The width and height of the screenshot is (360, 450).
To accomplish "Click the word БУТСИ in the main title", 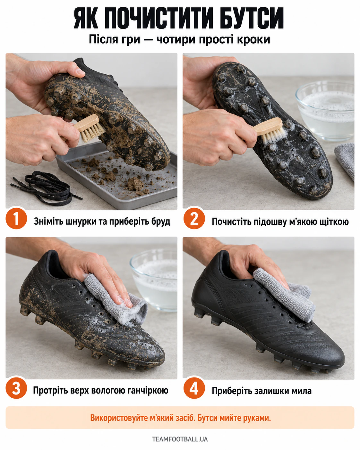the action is click(x=252, y=18).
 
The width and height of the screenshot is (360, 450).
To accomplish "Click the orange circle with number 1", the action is click(x=16, y=218).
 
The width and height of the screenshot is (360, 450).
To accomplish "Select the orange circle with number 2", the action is click(x=194, y=218).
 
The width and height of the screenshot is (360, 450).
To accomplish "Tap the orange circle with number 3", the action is click(x=16, y=388).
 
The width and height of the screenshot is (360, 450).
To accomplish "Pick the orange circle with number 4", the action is click(x=194, y=388).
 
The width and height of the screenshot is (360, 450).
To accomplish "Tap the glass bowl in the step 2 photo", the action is click(x=325, y=111).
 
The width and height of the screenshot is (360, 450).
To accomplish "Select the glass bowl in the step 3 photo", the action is click(x=154, y=280).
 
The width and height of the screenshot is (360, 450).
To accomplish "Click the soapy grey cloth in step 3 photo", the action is click(x=116, y=299).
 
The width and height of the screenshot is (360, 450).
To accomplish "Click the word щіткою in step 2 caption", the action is click(x=334, y=222).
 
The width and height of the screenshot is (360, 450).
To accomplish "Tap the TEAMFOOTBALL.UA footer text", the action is click(x=180, y=439).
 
